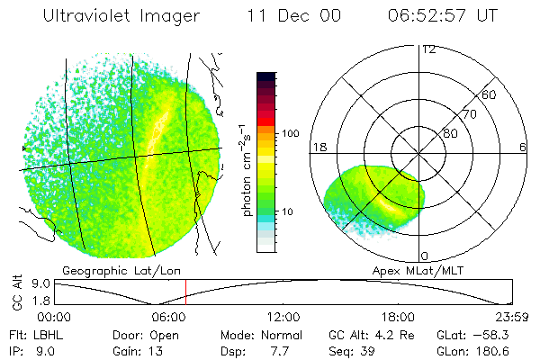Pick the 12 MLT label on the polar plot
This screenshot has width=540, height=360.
(429, 49)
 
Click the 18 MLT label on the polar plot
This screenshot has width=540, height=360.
(318, 147)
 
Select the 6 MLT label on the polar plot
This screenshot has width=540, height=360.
(523, 147)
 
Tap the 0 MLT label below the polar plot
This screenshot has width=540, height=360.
(425, 256)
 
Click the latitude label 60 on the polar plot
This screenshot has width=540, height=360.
(490, 94)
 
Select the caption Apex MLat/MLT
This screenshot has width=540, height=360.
(416, 270)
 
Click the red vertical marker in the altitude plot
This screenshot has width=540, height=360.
(185, 292)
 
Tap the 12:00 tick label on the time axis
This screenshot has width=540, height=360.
(283, 317)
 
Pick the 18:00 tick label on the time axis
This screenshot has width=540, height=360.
(398, 317)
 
